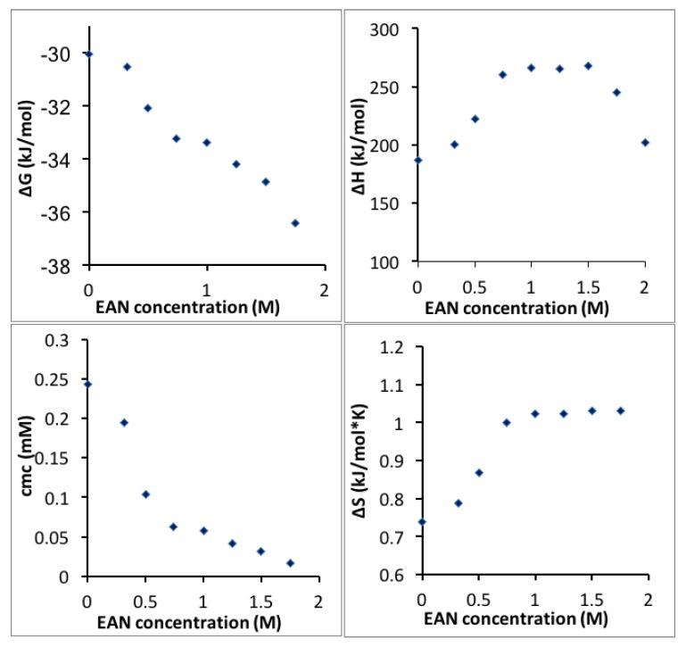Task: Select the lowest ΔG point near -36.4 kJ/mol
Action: pos(295,223)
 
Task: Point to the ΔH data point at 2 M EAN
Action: pos(645,142)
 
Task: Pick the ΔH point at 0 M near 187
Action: pos(418,160)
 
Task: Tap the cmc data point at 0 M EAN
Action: pos(87,385)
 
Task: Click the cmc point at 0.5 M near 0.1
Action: pos(145,494)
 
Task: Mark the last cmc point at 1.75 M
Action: pos(290,563)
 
